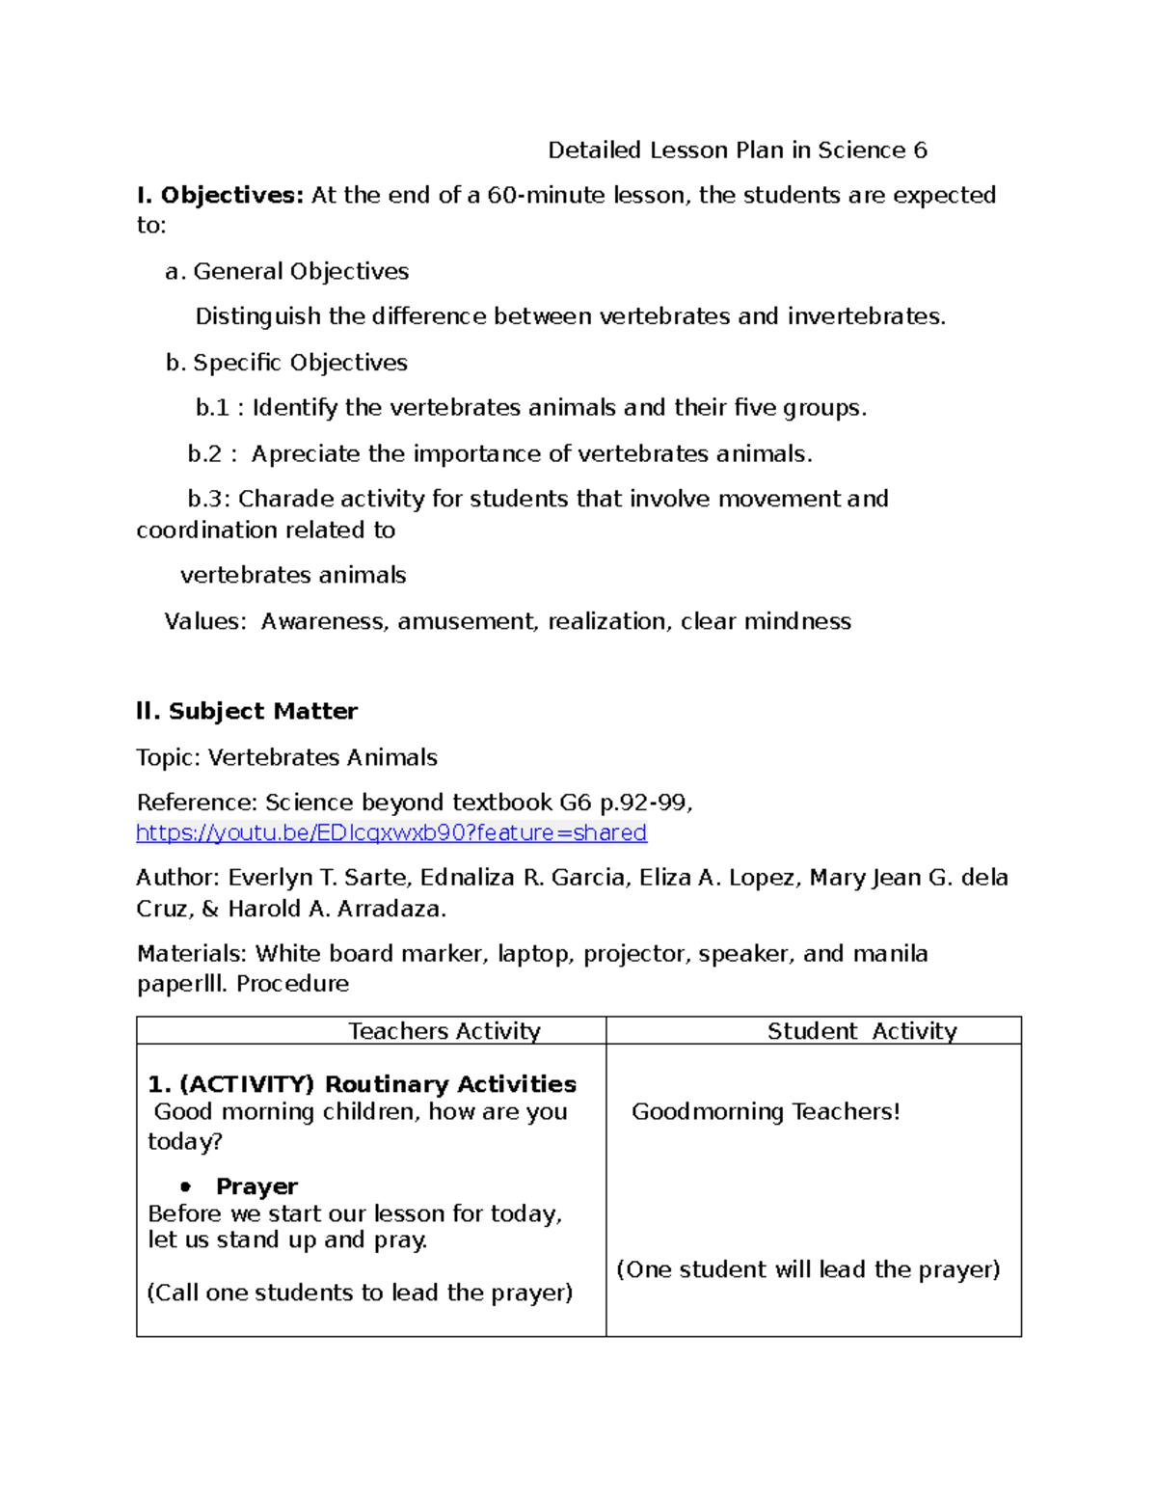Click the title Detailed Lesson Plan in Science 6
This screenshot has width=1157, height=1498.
[x=737, y=150]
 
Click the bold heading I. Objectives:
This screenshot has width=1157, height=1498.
[x=220, y=196]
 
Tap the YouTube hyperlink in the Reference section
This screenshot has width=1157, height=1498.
[x=391, y=832]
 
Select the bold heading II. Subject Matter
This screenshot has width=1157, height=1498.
[x=247, y=712]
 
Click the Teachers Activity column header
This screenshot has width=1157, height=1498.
[x=444, y=1031]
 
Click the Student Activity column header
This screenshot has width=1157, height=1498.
[x=862, y=1031]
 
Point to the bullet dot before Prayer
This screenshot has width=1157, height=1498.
[x=185, y=1187]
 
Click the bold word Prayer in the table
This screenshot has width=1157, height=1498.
[x=256, y=1186]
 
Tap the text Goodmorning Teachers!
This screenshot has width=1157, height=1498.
[x=766, y=1112]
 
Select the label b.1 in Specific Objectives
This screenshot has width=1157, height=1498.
[x=212, y=408]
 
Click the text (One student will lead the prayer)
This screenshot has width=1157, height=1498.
[x=808, y=1269]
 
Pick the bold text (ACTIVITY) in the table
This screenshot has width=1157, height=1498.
[x=247, y=1084]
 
